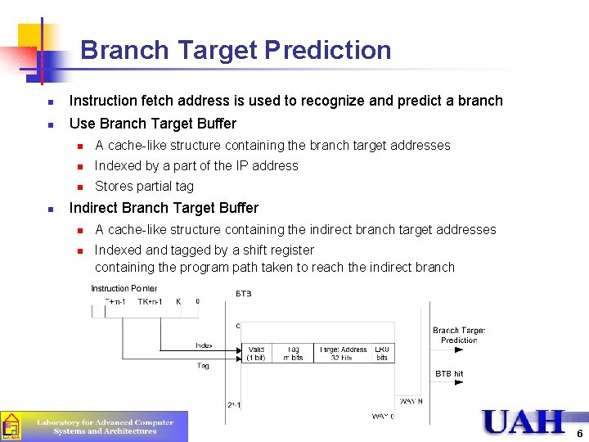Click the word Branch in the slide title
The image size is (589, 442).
click(125, 51)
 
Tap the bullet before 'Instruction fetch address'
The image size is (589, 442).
click(50, 102)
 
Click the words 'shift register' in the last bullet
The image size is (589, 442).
click(277, 250)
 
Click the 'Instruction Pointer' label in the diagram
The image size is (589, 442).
click(124, 288)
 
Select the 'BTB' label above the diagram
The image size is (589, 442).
click(244, 293)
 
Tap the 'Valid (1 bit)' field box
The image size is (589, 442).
click(255, 354)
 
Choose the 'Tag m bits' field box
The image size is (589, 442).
click(292, 354)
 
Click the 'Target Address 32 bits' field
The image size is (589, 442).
click(343, 354)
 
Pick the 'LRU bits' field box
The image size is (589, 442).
click(382, 354)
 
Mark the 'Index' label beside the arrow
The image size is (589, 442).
click(204, 345)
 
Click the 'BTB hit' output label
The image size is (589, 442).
click(449, 373)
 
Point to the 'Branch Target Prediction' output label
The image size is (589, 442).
click(458, 335)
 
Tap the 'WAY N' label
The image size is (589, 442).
click(411, 401)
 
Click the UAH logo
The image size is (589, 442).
click(524, 422)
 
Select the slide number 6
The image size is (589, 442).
click(579, 433)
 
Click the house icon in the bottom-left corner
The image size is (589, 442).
click(11, 426)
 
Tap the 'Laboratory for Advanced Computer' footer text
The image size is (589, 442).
click(105, 422)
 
